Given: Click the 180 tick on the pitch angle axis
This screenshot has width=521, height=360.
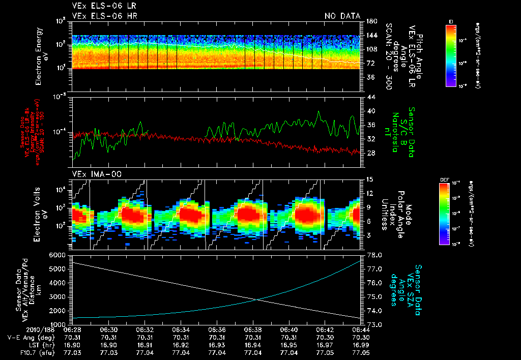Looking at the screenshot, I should (371, 21).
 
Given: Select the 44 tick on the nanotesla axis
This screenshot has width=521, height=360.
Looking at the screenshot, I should (370, 97).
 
